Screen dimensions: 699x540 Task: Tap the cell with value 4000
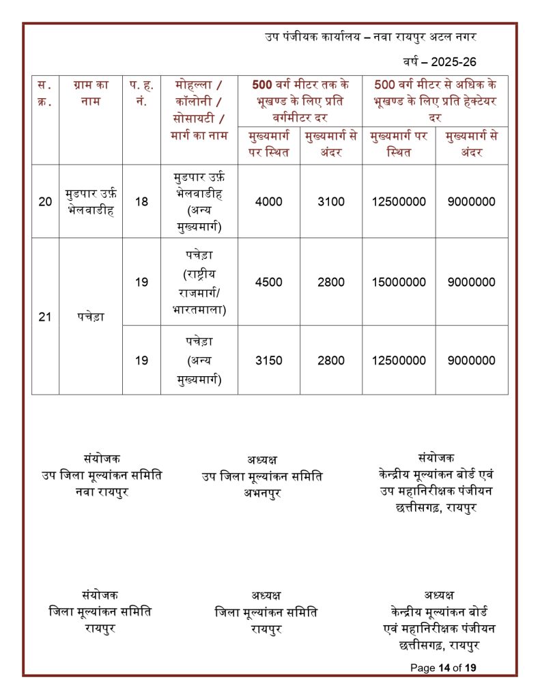click(x=268, y=201)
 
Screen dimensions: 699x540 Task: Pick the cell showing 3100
click(x=331, y=201)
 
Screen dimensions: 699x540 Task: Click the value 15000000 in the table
click(x=399, y=282)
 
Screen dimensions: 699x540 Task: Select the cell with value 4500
click(x=268, y=282)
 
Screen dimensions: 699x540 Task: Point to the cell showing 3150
click(x=268, y=360)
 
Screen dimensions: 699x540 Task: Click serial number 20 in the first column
click(x=45, y=201)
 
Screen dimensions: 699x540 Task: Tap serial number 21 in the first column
click(x=45, y=317)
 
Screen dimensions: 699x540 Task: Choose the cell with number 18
click(x=141, y=201)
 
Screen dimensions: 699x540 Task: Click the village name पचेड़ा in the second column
click(x=90, y=317)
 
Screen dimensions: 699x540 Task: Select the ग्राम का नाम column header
click(x=90, y=93)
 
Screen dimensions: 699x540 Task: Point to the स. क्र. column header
click(x=45, y=93)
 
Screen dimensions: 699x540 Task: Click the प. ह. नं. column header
click(x=141, y=93)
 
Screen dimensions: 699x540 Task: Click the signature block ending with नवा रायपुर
click(x=102, y=474)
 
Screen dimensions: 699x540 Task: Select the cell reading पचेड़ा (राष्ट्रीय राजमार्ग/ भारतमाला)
click(x=199, y=281)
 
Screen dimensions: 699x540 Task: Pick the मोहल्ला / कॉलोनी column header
click(x=199, y=109)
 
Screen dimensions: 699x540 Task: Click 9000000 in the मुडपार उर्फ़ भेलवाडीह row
click(x=471, y=201)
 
